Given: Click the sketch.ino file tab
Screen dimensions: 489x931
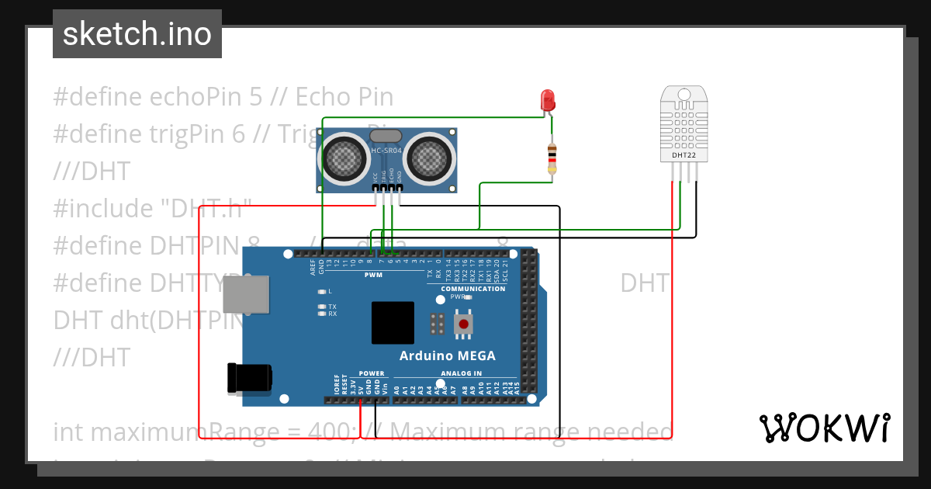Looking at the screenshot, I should click(x=137, y=34).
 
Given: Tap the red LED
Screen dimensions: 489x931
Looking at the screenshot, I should click(x=548, y=99).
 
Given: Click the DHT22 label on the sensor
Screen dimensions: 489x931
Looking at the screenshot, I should click(x=684, y=156).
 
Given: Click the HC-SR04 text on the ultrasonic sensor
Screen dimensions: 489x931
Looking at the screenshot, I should click(x=386, y=151).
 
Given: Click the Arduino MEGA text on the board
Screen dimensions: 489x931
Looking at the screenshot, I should click(x=447, y=356).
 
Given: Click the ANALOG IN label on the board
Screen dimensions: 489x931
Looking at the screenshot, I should click(x=461, y=373).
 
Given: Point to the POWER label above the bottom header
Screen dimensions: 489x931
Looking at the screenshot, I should click(x=372, y=373).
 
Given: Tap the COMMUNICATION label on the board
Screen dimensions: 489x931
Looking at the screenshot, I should click(x=473, y=289).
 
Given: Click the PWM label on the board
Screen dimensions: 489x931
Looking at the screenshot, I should click(x=373, y=275).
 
